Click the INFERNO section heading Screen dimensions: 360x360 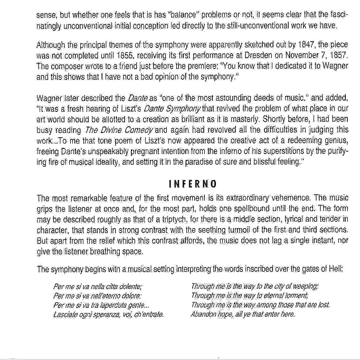click(x=192, y=184)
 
